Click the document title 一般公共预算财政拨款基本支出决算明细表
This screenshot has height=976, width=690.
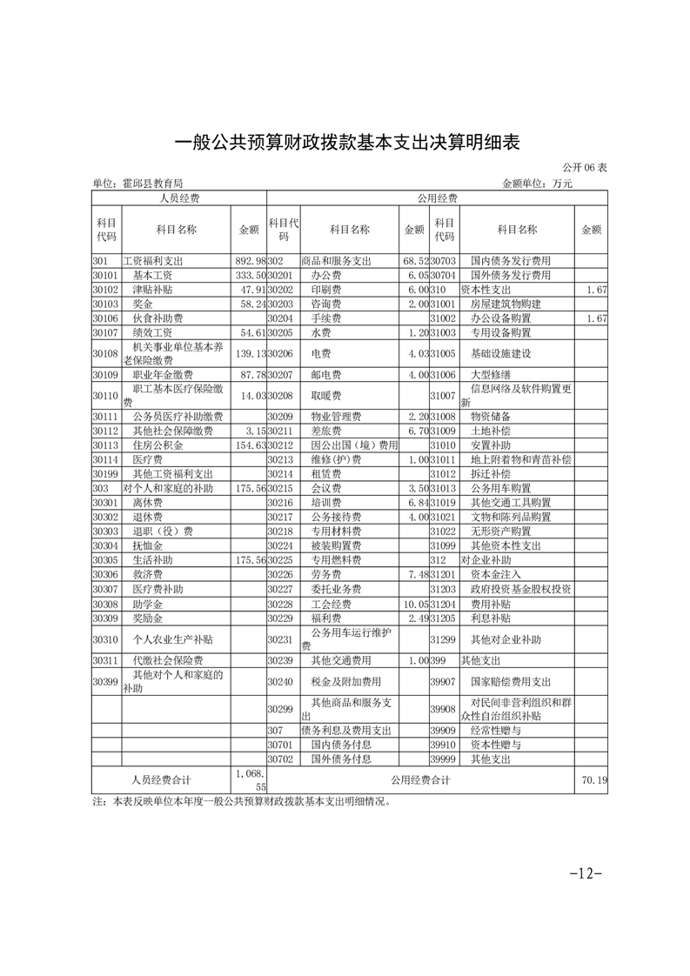[345, 142]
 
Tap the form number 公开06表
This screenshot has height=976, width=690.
[585, 167]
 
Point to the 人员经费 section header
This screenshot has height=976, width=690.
[178, 198]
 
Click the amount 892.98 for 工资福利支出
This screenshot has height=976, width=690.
[249, 261]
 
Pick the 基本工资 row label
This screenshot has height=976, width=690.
[152, 275]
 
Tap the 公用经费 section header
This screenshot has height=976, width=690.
[437, 198]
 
